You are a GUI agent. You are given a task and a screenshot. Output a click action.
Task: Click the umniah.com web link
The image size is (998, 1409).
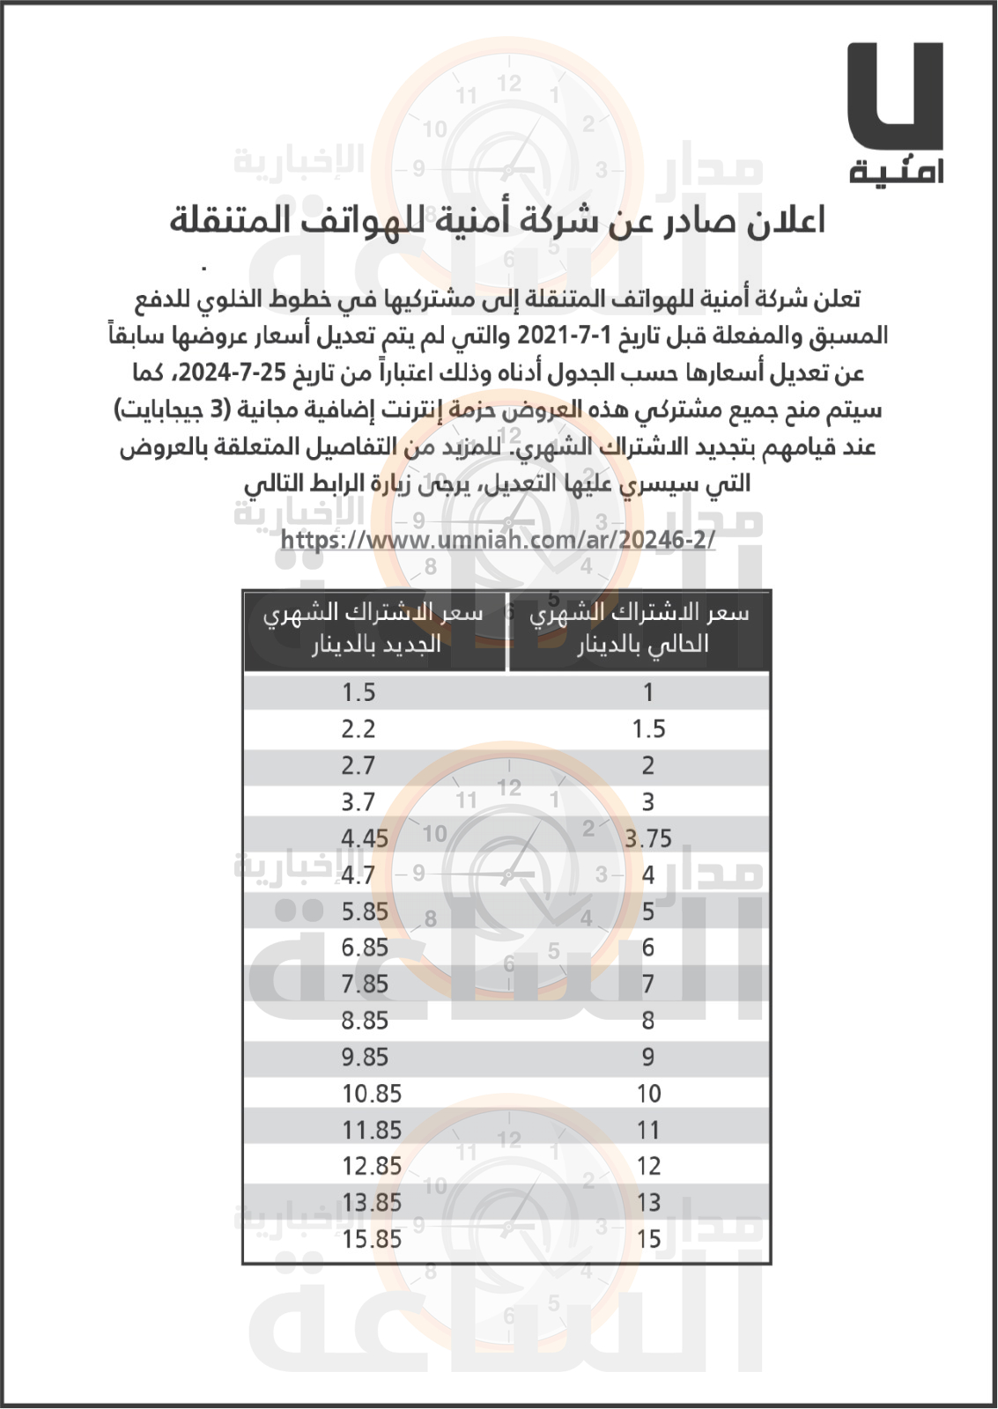pos(498,539)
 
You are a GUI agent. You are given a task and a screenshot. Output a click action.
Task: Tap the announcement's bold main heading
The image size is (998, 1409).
pos(498,221)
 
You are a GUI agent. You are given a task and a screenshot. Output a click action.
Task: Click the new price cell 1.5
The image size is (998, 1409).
pos(359,693)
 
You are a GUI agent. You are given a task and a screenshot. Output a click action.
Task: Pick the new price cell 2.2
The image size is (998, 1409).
pos(359,729)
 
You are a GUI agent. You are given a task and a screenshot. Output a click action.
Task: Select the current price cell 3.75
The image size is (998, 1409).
pos(648,838)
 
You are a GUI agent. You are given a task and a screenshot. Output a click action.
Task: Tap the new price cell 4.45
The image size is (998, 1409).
pos(365,838)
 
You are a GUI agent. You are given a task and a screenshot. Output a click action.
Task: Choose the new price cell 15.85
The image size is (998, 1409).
pos(372,1239)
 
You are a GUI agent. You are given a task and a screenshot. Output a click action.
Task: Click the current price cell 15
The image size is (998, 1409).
pos(648,1239)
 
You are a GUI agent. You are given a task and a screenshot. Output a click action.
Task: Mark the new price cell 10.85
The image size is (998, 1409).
pos(372,1094)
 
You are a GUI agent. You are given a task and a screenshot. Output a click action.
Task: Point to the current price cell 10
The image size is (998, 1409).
pos(648,1094)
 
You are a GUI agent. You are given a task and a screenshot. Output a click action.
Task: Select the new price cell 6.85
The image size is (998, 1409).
pos(365,948)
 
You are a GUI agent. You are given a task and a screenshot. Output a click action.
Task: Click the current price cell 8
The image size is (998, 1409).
pos(648,1021)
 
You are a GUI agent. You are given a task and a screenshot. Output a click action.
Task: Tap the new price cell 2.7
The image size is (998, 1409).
pos(359,765)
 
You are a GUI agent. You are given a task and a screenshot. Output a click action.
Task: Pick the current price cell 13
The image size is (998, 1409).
pos(648,1202)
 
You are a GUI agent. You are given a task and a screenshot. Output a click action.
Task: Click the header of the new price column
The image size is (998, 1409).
pos(375,629)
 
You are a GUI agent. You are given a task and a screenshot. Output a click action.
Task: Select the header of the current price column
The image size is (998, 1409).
pos(640,629)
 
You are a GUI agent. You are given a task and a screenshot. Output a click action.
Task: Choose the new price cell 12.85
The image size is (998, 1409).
pos(372,1166)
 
